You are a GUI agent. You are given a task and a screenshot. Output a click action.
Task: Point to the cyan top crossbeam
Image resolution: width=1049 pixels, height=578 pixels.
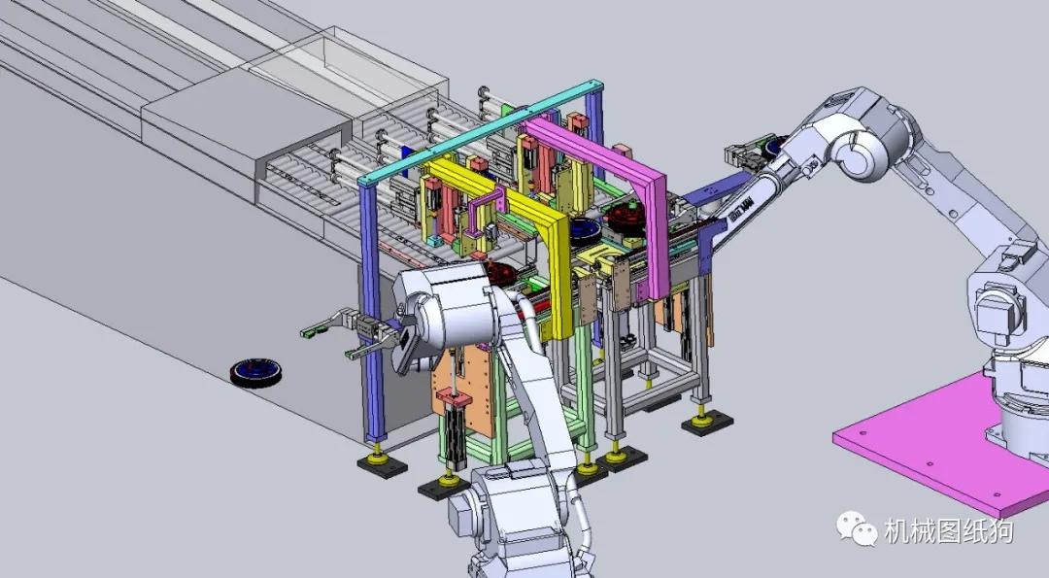coord(476,136)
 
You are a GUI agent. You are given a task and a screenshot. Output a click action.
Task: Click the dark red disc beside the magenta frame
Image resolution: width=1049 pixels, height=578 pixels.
coord(626,221)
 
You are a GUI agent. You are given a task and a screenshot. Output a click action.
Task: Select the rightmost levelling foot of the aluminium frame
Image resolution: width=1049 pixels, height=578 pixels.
coord(705,419)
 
